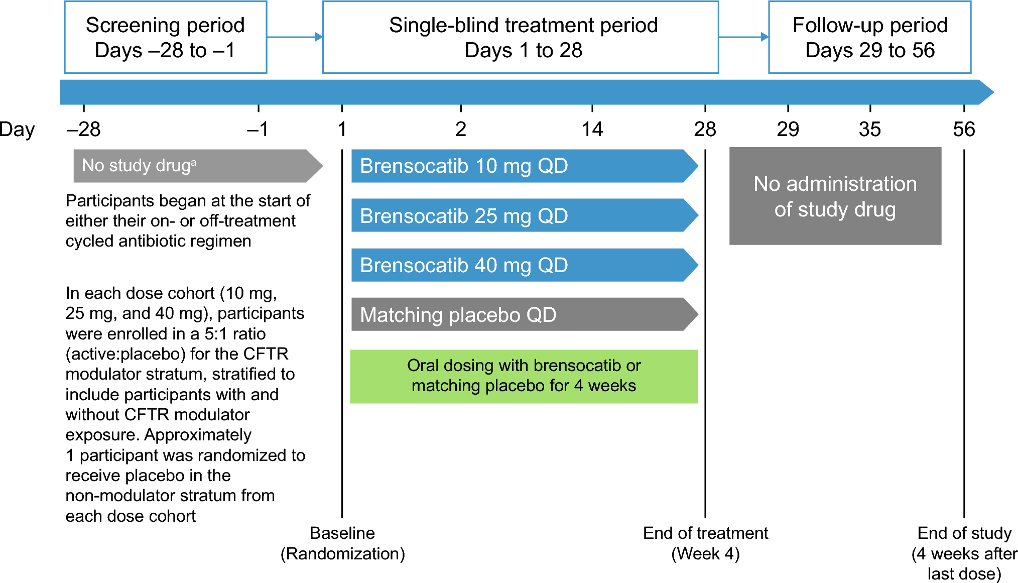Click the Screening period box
click(165, 37)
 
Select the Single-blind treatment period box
click(520, 37)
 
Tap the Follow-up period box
click(869, 37)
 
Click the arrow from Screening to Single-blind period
click(295, 37)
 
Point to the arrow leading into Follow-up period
click(743, 37)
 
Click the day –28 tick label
click(84, 130)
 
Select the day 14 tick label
click(592, 130)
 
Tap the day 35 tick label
click(869, 130)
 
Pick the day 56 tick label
click(963, 130)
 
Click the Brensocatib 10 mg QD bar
click(522, 166)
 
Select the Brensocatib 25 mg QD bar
click(522, 215)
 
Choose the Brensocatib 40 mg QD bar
click(522, 265)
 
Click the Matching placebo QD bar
click(522, 314)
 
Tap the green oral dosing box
click(524, 376)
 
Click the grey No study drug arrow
click(196, 166)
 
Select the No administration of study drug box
click(835, 196)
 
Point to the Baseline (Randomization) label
click(342, 543)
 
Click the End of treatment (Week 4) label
click(705, 543)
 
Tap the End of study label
click(964, 553)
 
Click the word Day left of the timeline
click(17, 130)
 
